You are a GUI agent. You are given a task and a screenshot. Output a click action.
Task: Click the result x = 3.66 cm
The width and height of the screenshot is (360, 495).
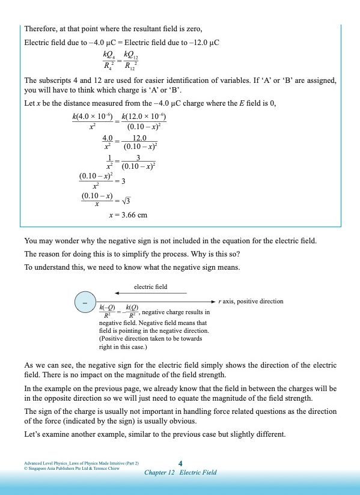[128, 214]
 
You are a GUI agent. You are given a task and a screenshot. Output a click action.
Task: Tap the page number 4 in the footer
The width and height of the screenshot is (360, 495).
[181, 463]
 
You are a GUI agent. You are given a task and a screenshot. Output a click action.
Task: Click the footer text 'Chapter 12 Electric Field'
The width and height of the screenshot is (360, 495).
[180, 472]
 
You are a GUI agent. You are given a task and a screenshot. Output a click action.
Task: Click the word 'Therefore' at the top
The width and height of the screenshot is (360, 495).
[39, 29]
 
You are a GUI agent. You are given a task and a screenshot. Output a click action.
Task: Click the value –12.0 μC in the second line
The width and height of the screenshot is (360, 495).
[204, 43]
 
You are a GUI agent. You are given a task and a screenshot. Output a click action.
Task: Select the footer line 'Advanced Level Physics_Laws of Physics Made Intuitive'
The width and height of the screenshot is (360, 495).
[81, 463]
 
